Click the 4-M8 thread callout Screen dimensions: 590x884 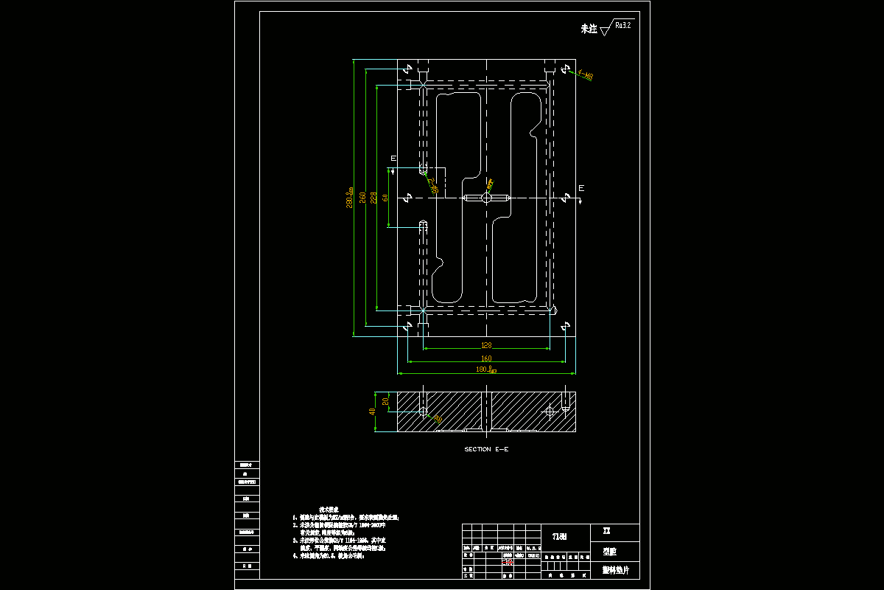(x=586, y=74)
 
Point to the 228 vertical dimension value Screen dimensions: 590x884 (x=373, y=198)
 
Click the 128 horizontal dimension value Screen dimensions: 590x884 (x=486, y=345)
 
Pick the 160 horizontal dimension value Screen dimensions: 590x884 (x=486, y=358)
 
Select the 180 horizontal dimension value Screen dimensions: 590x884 (x=483, y=369)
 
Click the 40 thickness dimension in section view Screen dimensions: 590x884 (x=373, y=412)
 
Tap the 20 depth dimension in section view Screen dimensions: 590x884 (x=385, y=402)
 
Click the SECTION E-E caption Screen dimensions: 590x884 (x=486, y=449)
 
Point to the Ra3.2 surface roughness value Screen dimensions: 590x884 (x=622, y=25)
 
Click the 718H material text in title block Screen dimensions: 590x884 (x=560, y=536)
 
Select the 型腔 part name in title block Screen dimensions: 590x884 (x=609, y=551)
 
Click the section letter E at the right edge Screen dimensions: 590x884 (x=580, y=189)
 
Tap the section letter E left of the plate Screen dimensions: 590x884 (x=393, y=159)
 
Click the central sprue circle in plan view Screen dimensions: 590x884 (x=487, y=198)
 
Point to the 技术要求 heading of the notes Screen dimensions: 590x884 (x=329, y=510)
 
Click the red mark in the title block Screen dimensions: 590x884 (x=508, y=563)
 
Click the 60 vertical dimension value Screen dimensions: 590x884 (x=385, y=198)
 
